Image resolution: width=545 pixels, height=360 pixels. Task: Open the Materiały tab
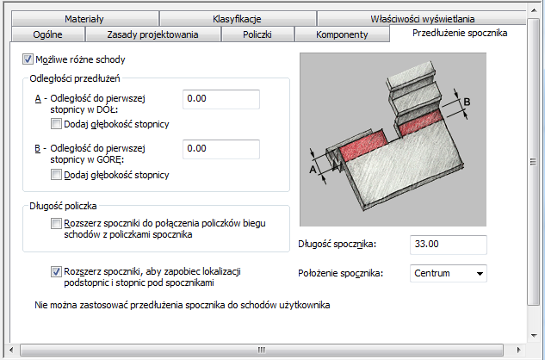point(84,18)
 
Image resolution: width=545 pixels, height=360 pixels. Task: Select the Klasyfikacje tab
point(237,18)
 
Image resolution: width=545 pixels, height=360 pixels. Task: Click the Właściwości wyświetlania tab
point(422,18)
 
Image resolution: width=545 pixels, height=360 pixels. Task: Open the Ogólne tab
point(48,34)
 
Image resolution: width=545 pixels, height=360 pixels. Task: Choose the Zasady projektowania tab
point(152,34)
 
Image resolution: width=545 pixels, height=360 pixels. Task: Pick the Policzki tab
point(257,34)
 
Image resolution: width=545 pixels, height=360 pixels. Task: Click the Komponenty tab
point(342,34)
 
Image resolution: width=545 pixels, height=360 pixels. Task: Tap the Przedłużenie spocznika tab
point(460,33)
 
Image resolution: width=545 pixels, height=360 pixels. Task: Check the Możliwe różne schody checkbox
point(28,59)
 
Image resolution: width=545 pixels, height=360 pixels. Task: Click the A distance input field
point(221,99)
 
